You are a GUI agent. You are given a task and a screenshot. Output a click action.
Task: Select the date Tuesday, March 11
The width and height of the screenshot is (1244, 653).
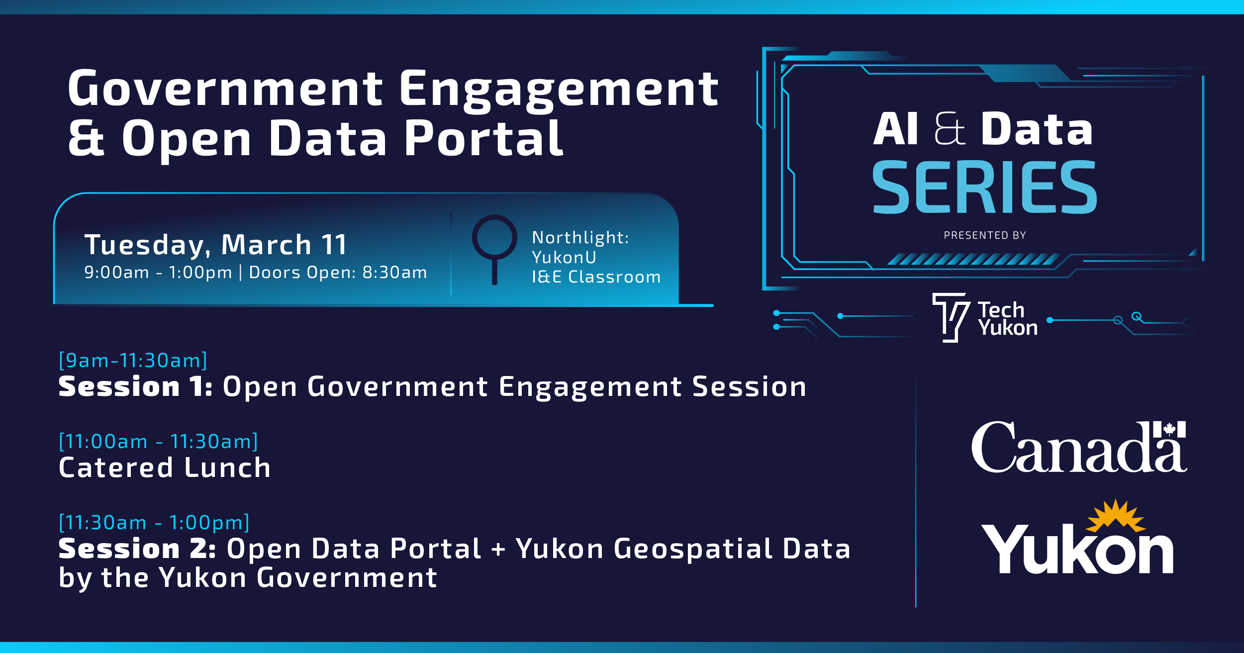(x=215, y=245)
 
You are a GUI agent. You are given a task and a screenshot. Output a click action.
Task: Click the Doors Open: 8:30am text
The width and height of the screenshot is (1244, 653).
(x=338, y=273)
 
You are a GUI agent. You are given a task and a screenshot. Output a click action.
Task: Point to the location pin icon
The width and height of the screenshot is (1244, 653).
(x=494, y=244)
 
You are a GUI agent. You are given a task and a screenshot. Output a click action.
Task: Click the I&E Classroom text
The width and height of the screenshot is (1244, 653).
(x=596, y=277)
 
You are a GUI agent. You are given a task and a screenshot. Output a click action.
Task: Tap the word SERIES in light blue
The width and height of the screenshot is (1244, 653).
(x=984, y=188)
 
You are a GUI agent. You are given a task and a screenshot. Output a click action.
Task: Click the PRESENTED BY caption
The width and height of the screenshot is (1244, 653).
(x=985, y=236)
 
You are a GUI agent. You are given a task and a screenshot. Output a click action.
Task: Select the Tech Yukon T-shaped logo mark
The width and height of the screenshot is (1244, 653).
(x=951, y=316)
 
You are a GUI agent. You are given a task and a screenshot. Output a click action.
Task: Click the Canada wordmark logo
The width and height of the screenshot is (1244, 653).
(x=1078, y=448)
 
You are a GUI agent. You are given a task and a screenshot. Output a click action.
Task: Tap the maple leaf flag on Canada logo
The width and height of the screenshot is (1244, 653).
(x=1169, y=429)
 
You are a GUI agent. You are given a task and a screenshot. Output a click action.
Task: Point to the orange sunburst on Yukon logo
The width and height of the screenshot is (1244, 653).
(x=1116, y=515)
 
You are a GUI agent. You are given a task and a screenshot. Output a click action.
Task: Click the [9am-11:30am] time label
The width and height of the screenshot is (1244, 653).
(x=133, y=361)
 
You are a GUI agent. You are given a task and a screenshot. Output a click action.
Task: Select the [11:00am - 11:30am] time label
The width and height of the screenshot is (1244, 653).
(x=158, y=442)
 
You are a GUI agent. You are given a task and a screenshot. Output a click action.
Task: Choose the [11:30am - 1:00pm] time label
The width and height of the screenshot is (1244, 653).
(x=154, y=523)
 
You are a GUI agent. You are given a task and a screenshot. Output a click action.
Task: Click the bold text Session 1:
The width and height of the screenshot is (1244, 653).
(x=136, y=387)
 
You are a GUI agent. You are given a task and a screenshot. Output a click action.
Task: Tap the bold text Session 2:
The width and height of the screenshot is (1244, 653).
(x=137, y=549)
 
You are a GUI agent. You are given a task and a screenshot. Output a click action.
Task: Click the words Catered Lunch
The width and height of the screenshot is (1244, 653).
(x=165, y=468)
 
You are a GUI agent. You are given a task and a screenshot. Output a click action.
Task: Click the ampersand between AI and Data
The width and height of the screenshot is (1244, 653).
(x=950, y=129)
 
